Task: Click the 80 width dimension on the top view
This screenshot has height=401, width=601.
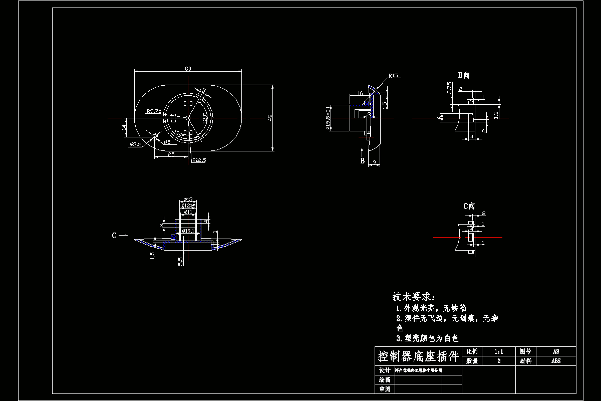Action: (x=188, y=69)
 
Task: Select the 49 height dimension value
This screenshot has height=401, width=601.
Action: (x=270, y=117)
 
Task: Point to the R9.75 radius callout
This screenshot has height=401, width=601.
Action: (x=154, y=111)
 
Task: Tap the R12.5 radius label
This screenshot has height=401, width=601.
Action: (x=199, y=161)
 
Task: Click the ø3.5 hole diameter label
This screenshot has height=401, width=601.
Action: (x=135, y=145)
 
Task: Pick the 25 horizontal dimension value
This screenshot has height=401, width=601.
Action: (x=171, y=155)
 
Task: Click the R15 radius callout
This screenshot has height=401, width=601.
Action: (x=393, y=76)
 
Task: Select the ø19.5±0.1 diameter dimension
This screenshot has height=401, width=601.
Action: (x=328, y=118)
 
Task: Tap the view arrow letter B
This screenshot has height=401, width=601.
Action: (x=362, y=161)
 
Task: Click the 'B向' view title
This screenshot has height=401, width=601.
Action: (x=463, y=75)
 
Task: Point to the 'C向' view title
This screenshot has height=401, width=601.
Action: (x=468, y=206)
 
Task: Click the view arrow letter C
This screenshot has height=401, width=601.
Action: (x=114, y=235)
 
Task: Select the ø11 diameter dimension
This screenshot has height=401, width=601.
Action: (x=188, y=213)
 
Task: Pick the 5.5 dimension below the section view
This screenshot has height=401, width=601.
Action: (x=180, y=261)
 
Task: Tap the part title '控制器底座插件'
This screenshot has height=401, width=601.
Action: (x=418, y=357)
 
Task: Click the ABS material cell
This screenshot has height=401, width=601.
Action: (x=556, y=360)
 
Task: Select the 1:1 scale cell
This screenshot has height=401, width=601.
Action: (x=498, y=352)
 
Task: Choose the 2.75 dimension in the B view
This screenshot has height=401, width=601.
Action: (x=449, y=89)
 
